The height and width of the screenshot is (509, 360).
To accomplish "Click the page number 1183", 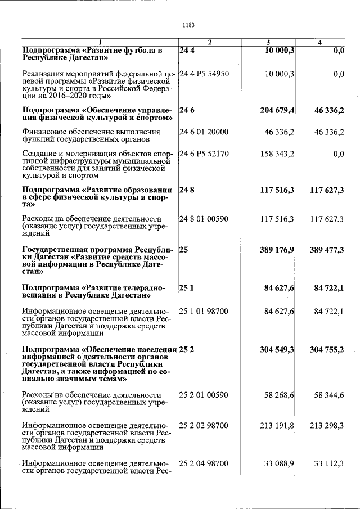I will [188, 25].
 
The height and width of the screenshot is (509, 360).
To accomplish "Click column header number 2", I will [209, 43].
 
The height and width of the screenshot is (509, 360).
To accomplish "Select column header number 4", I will [319, 43].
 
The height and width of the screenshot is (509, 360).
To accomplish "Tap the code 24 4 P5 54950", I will [204, 74].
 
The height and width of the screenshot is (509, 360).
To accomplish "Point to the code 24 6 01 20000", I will [204, 132].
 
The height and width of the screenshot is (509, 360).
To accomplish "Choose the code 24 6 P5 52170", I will [204, 154].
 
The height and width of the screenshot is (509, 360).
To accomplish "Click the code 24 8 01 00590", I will [204, 219].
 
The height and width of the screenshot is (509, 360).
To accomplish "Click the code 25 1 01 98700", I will [204, 310].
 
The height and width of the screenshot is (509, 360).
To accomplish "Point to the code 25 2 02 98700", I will [204, 426].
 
